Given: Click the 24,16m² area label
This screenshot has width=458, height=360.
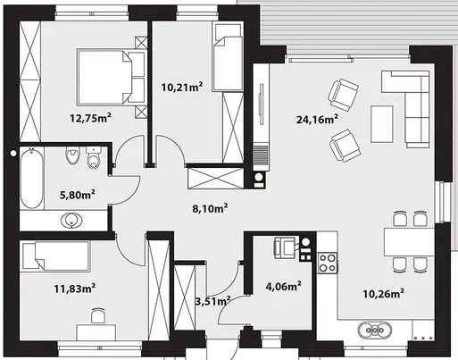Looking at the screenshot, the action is (x=317, y=120).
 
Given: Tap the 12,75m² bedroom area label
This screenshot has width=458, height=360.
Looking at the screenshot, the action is (x=90, y=118).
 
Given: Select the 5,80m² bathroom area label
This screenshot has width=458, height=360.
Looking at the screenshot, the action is (x=78, y=195).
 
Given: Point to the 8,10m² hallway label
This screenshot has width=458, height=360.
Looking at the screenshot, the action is (x=210, y=208).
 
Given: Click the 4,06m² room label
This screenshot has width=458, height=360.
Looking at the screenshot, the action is (x=283, y=287).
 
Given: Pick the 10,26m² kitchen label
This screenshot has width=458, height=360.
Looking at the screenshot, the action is (x=383, y=294).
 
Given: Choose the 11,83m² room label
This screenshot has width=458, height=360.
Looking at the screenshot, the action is (x=75, y=289).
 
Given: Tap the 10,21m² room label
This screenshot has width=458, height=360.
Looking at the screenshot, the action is (x=182, y=88).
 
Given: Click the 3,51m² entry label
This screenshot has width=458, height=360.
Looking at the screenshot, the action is (x=212, y=301).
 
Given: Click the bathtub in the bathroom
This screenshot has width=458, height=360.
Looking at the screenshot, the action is (x=32, y=179).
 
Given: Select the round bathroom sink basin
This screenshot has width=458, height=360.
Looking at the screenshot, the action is (x=71, y=221).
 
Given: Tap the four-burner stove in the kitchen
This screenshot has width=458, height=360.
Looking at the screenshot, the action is (x=328, y=263).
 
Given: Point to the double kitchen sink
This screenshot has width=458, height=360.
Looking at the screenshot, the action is (x=375, y=330).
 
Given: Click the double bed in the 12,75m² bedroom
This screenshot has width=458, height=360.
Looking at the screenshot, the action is (x=111, y=78).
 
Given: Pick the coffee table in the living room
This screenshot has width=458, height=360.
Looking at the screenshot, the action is (x=381, y=124).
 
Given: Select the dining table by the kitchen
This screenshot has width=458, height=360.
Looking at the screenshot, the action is (x=409, y=242).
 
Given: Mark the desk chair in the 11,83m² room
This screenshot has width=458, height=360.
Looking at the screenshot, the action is (x=98, y=315).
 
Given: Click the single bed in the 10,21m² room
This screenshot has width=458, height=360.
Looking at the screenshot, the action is (x=228, y=57).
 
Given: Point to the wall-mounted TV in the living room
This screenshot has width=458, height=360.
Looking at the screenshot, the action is (x=262, y=105).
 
